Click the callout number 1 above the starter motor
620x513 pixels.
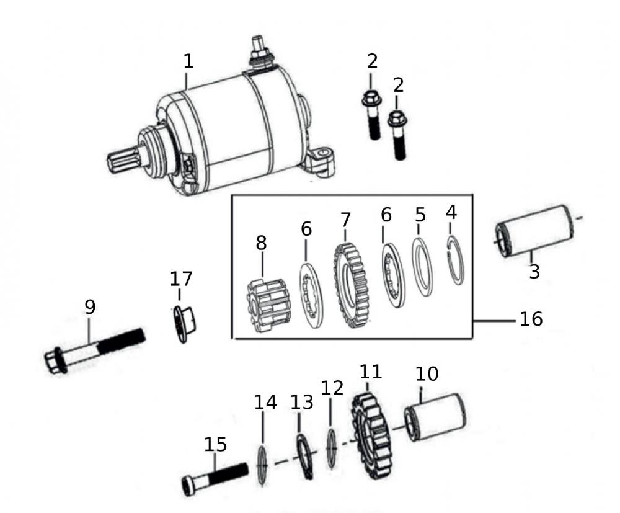tap(188, 61)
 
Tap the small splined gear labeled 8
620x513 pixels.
tap(265, 307)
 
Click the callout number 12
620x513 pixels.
tap(332, 388)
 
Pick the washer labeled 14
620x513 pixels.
tap(263, 465)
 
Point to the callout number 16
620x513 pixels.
tap(531, 319)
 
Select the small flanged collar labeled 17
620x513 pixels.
tap(185, 322)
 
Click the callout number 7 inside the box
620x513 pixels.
tap(345, 220)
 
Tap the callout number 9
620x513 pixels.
tap(91, 306)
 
